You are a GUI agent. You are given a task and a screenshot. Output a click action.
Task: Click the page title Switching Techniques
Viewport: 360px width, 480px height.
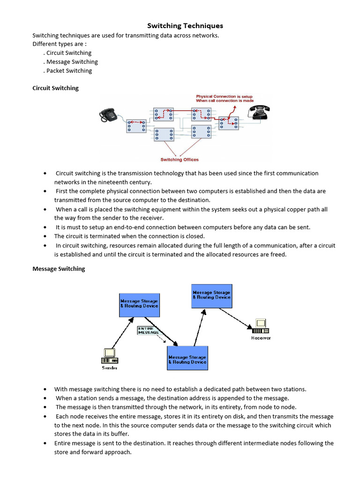[x=185, y=26]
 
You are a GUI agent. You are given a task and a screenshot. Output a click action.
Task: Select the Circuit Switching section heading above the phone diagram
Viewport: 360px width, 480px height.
[x=55, y=88]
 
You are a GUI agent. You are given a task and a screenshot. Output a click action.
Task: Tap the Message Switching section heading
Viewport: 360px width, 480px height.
[x=59, y=269]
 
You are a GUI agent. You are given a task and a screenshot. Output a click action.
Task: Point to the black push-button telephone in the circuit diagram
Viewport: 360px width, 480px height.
[x=108, y=115]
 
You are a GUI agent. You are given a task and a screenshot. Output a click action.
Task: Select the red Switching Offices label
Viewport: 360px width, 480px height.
[x=180, y=159]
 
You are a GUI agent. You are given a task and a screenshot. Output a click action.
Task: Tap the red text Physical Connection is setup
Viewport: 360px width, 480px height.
[x=225, y=96]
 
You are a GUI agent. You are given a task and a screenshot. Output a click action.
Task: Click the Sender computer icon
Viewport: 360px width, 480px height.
[x=110, y=356]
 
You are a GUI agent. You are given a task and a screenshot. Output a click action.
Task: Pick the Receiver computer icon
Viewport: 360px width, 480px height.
[x=261, y=326]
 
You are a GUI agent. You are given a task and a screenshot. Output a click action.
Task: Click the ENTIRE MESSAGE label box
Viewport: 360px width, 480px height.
[x=149, y=330]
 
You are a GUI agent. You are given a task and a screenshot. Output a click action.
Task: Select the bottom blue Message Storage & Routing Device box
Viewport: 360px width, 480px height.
[x=187, y=358]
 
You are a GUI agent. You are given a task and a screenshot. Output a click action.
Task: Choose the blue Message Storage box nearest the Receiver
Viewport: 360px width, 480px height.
[x=211, y=296]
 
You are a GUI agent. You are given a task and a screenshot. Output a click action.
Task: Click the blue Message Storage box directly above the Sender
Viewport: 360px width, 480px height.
[x=139, y=305]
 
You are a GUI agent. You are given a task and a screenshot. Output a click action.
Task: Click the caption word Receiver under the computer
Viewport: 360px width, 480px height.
[x=261, y=338]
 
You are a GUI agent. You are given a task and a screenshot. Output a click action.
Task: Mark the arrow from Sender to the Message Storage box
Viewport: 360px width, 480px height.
[x=123, y=333]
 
